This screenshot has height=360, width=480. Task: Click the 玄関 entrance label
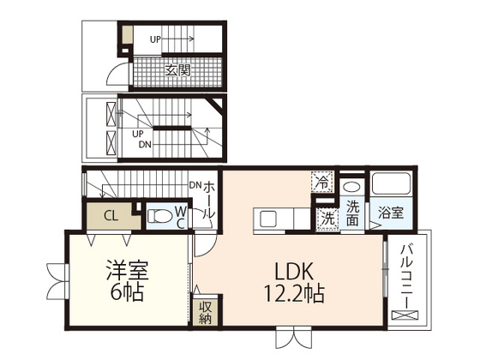click(x=178, y=70)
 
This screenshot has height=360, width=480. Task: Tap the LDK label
click(x=294, y=271)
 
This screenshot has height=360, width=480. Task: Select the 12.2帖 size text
click(x=294, y=293)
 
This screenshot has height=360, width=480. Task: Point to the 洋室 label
click(x=128, y=270)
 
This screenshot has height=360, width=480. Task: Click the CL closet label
click(x=111, y=216)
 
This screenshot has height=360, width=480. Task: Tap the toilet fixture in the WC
click(x=159, y=216)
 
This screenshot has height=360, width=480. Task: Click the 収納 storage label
click(x=205, y=313)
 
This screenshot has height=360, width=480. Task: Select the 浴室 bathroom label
click(x=390, y=213)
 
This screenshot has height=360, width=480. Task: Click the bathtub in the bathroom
click(x=391, y=183)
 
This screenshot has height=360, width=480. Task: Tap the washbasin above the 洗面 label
click(x=351, y=187)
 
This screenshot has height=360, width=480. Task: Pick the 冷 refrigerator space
click(x=322, y=182)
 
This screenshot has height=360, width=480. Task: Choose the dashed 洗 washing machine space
click(x=328, y=219)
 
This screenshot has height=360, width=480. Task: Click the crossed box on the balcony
click(x=405, y=315)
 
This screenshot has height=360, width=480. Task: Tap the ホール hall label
click(x=209, y=200)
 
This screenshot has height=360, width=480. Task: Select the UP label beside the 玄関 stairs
click(x=155, y=39)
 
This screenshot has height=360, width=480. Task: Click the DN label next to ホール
click(x=195, y=185)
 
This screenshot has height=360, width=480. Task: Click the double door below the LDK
click(x=293, y=338)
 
